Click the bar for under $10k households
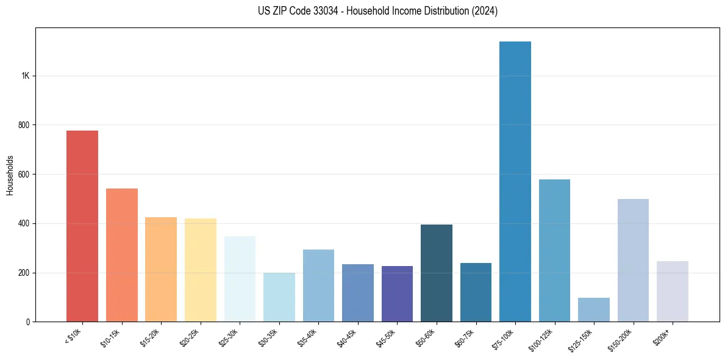pos(82,226)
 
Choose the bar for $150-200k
pos(633,260)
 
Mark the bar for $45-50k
pos(397,293)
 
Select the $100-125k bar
pos(554,250)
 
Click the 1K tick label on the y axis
pos(25,76)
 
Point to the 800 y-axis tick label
pos(24,125)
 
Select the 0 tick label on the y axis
pos(27,322)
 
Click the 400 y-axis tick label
pos(24,223)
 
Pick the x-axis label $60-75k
pos(465,337)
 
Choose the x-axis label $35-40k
pos(308,337)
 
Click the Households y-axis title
pos(10,175)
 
